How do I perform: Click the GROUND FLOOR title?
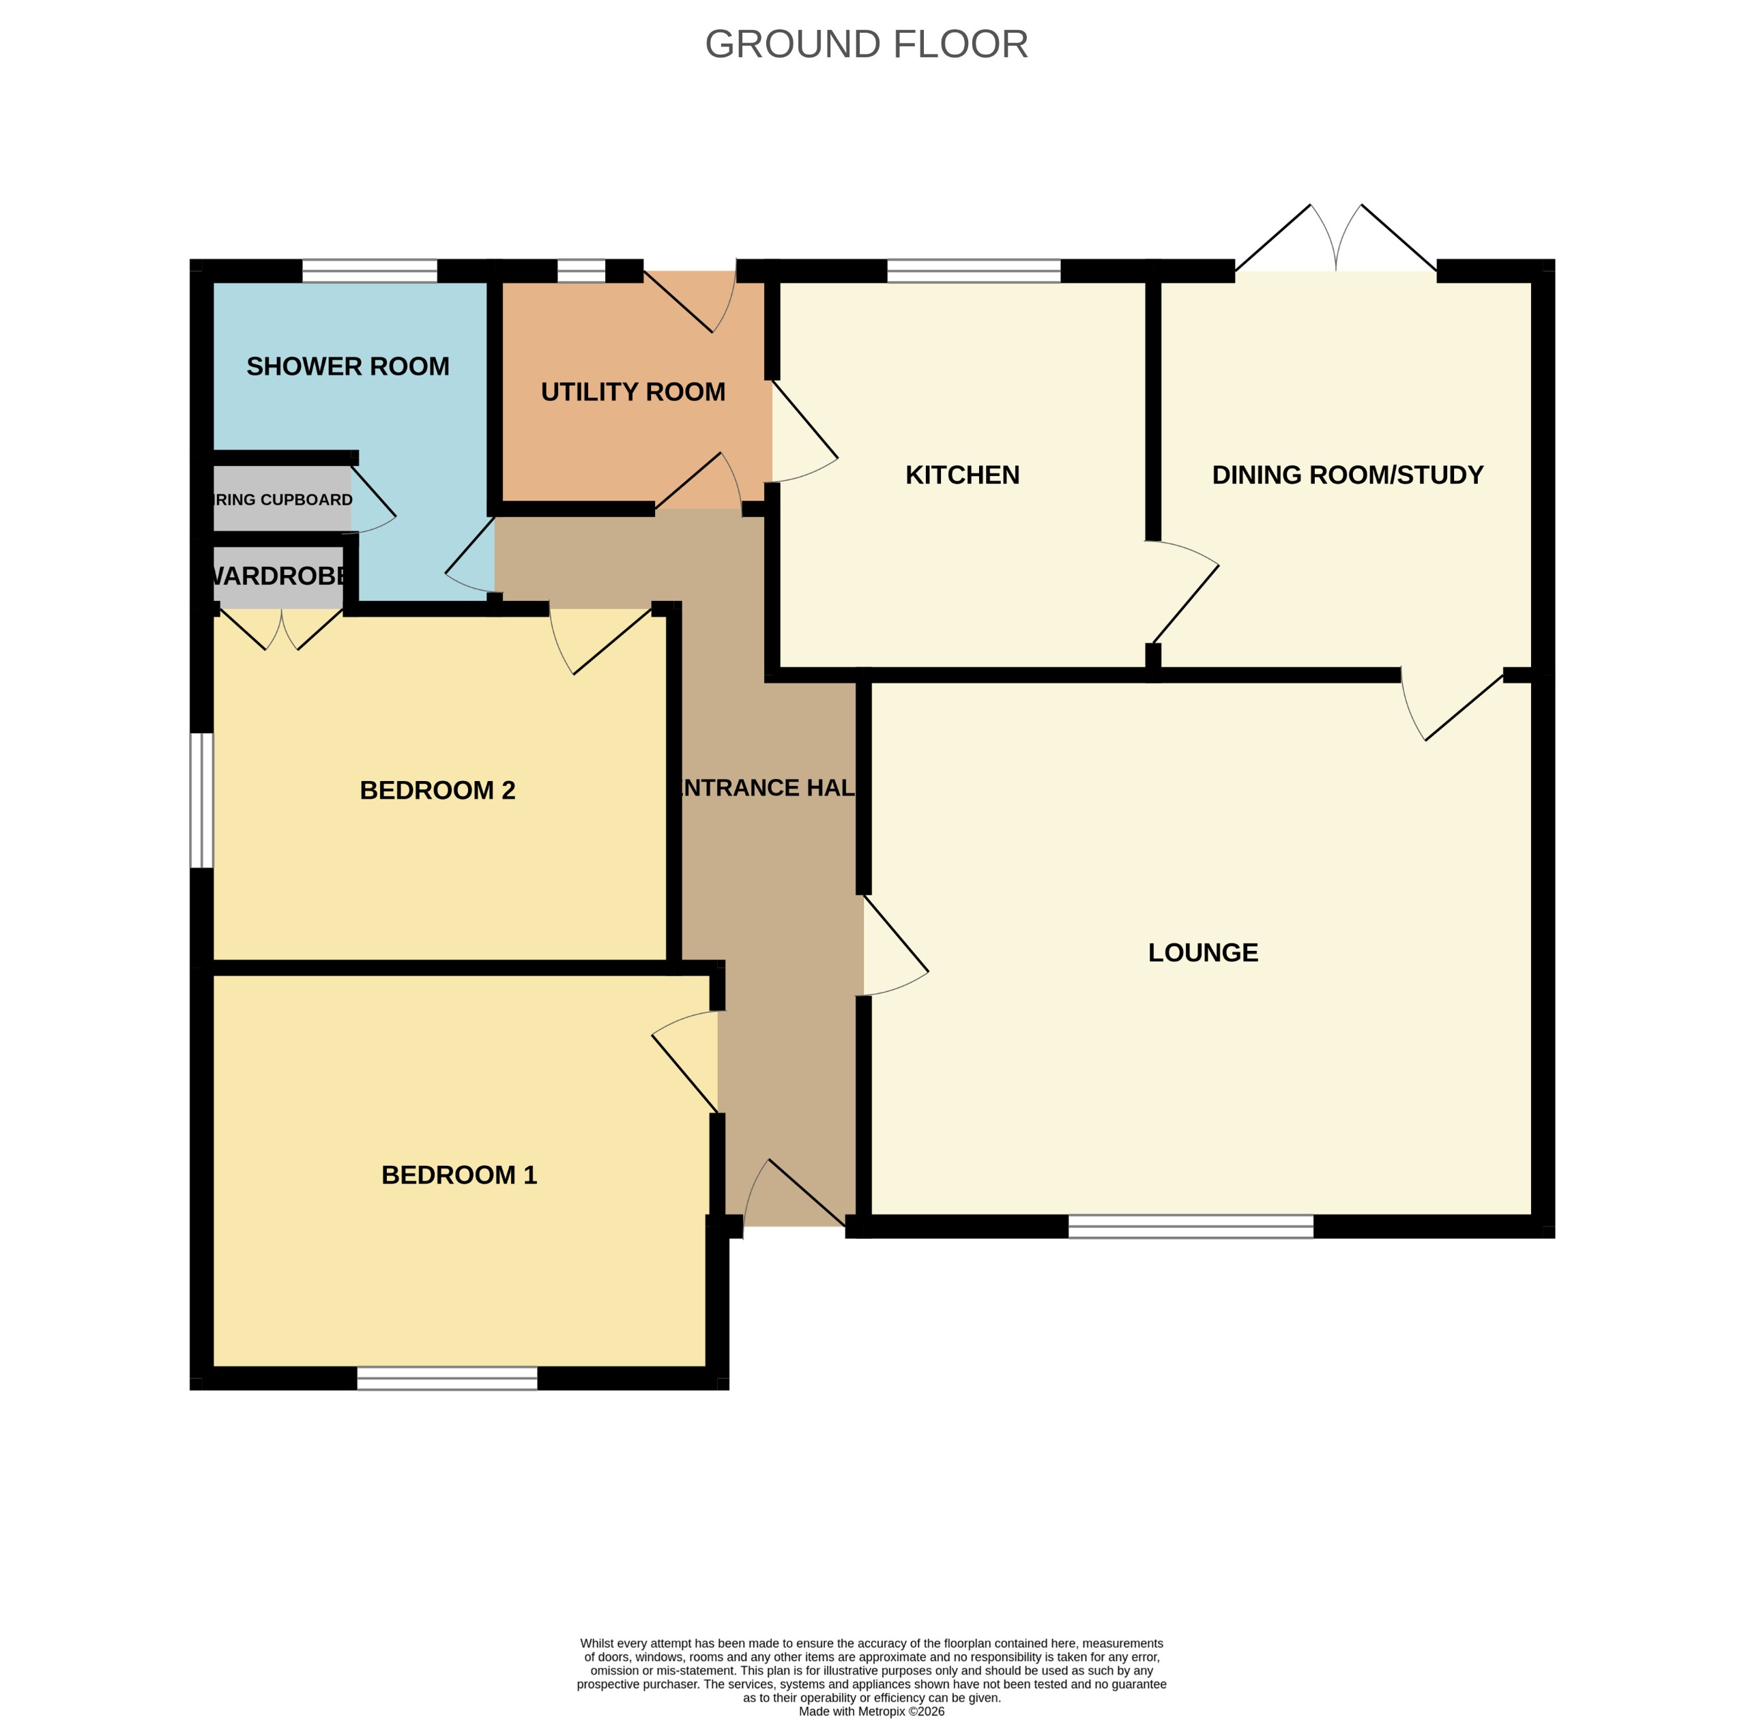[866, 44]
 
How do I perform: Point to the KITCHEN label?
[962, 475]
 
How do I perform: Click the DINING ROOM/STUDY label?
[1347, 475]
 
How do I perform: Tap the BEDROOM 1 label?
[459, 1174]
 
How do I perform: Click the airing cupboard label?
[282, 499]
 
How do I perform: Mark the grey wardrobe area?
[278, 576]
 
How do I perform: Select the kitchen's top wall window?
[973, 271]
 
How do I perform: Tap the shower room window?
[369, 271]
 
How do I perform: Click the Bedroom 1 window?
[447, 1378]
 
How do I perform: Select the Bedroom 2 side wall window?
[201, 799]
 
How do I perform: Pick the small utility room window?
[581, 271]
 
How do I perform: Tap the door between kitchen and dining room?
[1182, 596]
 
